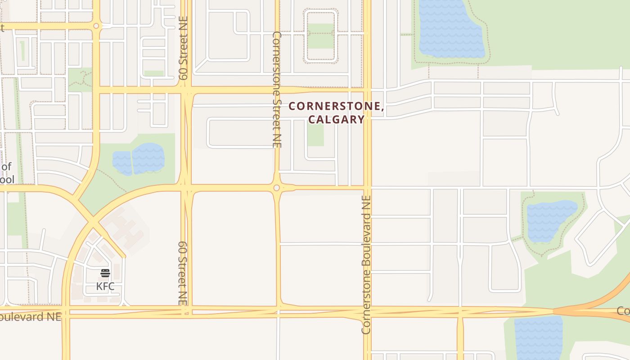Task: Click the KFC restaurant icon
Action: [105, 273]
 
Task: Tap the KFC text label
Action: [105, 286]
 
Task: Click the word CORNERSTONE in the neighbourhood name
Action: [336, 107]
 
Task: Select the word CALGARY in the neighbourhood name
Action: [336, 119]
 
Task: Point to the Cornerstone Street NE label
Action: [277, 89]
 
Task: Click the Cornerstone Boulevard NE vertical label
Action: [366, 265]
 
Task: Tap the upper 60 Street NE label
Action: [183, 48]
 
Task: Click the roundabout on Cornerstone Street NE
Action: [276, 188]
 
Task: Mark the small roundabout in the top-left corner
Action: [96, 26]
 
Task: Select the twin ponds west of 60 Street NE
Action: [139, 159]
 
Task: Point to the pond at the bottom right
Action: [538, 337]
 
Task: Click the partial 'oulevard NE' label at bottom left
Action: [30, 316]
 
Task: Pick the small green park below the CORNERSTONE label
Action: [315, 135]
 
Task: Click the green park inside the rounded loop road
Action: [321, 36]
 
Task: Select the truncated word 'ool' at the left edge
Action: [7, 180]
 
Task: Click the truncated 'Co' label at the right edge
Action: [623, 311]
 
